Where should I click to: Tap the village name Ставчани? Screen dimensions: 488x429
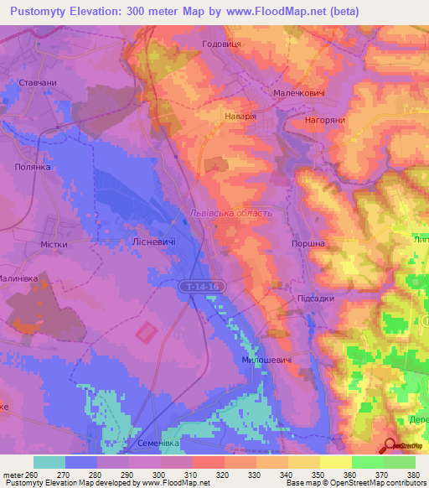pos(38,84)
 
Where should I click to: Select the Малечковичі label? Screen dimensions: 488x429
pos(299,95)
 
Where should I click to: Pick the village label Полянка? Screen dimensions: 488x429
pos(34,167)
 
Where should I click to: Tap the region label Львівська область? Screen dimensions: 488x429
pos(231,213)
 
